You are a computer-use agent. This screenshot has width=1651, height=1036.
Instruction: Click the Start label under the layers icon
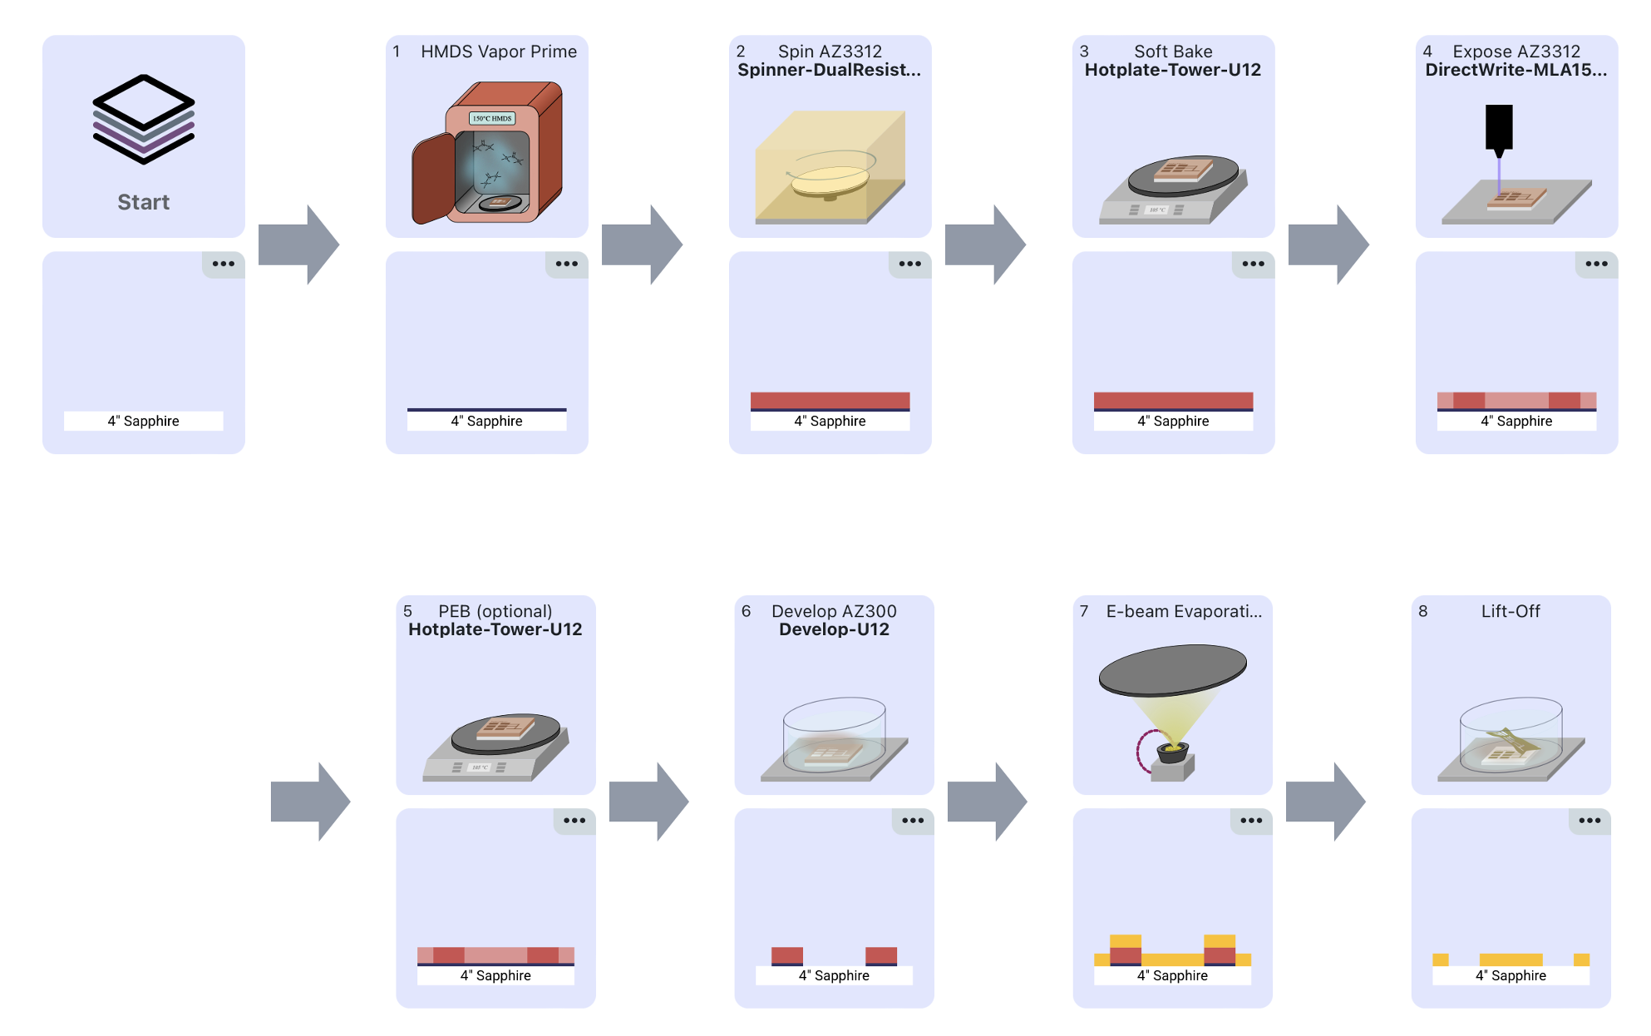[143, 202]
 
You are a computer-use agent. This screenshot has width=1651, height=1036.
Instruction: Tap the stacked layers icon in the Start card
[143, 119]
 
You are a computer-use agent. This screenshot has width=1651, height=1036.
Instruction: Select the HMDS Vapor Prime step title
[498, 52]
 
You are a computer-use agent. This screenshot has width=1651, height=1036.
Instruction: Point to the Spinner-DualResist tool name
[829, 70]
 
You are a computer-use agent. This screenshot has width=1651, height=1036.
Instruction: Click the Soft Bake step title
[1172, 52]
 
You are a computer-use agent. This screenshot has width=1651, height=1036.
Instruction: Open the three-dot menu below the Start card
[223, 264]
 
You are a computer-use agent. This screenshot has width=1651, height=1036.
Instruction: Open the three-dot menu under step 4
[1596, 264]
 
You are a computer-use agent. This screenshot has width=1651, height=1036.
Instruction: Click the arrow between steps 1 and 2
[642, 244]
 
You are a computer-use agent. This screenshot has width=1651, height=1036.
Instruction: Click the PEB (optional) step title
[495, 611]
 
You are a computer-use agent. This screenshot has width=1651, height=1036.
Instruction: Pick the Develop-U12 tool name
[834, 629]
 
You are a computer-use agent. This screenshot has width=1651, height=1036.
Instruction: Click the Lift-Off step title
[1510, 611]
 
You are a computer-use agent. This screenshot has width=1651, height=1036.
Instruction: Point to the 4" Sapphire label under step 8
[1511, 975]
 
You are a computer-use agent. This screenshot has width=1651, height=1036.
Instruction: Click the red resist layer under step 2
[830, 400]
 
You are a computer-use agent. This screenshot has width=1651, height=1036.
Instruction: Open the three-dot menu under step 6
[912, 821]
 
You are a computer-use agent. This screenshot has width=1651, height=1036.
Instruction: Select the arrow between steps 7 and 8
[1325, 802]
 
